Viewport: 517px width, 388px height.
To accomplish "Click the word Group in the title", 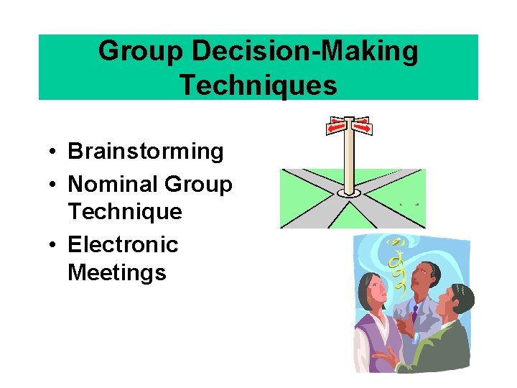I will pos(131,52).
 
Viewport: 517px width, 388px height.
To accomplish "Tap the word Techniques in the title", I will pos(258,85).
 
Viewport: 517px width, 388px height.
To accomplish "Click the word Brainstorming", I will pos(146,152).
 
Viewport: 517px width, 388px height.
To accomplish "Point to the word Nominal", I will pos(113,185).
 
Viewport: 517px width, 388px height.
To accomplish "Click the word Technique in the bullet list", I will pos(124,212).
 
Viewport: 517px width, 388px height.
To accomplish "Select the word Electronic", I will pos(123,245).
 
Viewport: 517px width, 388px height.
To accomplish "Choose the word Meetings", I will pos(117,272).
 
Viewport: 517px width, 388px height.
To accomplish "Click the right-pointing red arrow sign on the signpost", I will pos(364,128).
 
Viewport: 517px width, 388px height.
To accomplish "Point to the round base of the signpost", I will pos(349,193).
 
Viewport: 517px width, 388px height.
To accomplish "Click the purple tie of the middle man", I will pos(416,313).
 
